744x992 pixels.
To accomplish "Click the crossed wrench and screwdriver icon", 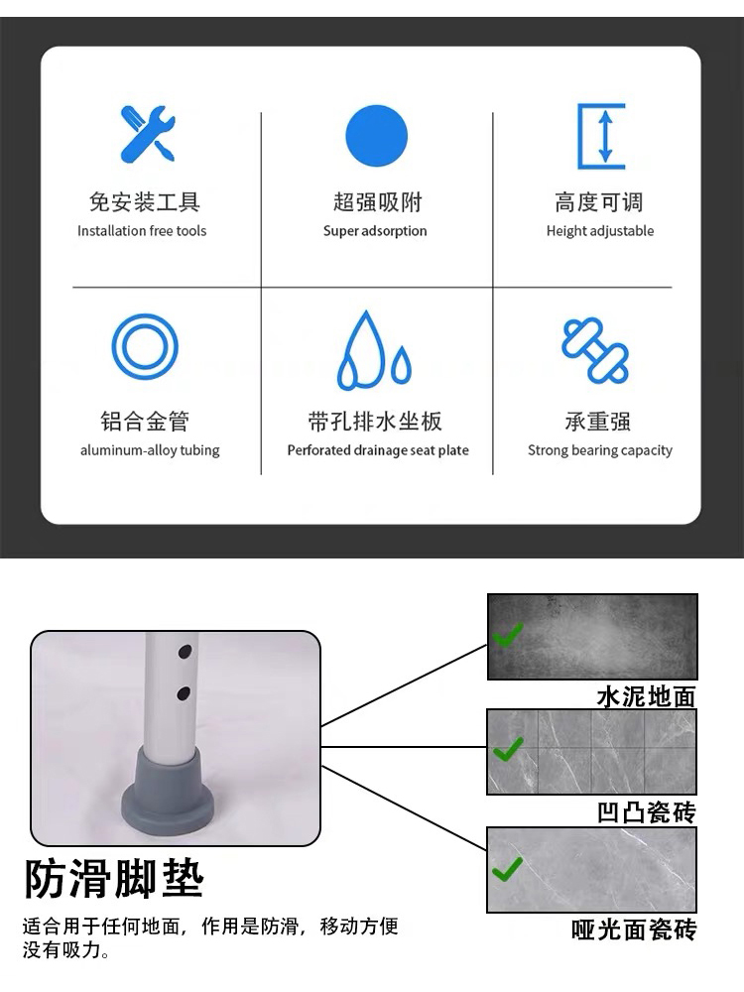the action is click(148, 134).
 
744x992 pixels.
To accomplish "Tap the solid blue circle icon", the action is click(376, 136).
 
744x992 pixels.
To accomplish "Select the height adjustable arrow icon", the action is click(602, 136).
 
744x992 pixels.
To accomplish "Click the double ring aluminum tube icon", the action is click(145, 346).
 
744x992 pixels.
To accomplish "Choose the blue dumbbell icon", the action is click(595, 350).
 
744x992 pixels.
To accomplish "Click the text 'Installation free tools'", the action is click(142, 231).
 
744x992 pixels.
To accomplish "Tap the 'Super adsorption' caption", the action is click(375, 231).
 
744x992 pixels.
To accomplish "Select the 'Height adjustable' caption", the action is click(600, 231).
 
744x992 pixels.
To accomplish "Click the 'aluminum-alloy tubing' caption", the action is click(150, 450).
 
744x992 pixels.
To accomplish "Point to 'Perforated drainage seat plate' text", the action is click(378, 450).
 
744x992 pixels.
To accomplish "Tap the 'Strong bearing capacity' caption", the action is click(600, 450).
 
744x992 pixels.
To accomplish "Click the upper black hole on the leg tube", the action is click(185, 651).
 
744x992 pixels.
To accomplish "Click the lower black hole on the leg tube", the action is click(184, 693).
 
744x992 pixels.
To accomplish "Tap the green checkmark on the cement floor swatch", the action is click(508, 635).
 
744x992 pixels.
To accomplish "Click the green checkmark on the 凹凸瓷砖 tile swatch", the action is click(508, 749).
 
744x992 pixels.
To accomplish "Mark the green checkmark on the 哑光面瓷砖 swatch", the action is click(507, 869).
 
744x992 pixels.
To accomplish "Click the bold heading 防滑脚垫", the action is click(114, 879).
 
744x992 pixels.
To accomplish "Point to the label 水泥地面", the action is click(647, 696).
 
